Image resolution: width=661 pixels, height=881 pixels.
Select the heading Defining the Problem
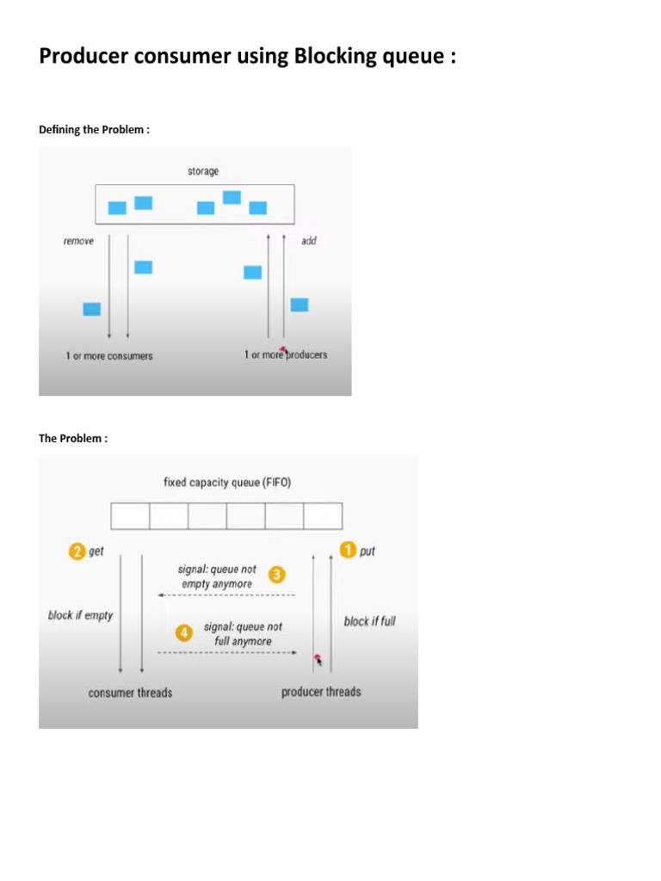tap(94, 130)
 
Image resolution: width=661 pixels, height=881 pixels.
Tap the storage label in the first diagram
tap(203, 171)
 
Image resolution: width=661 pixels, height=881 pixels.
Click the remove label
tap(78, 242)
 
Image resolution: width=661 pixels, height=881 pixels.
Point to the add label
tap(309, 242)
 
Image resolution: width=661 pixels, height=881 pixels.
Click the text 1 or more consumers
tap(109, 356)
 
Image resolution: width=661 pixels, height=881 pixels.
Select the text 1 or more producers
tap(286, 355)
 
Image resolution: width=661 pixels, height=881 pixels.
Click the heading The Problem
tap(73, 439)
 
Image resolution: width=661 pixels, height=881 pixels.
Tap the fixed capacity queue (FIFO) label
tap(227, 483)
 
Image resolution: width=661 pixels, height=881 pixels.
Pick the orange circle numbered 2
tap(77, 551)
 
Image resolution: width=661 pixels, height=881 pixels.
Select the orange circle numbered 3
tap(277, 574)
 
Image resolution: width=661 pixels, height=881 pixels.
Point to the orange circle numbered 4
tap(183, 633)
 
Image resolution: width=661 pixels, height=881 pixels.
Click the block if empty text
tap(80, 616)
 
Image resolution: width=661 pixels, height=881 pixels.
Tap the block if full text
tap(369, 621)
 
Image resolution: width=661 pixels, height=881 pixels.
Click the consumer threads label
tap(130, 693)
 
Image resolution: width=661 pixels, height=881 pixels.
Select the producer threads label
tap(321, 692)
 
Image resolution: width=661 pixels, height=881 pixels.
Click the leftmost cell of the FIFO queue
tap(131, 516)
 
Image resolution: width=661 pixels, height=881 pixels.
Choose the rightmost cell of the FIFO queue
tap(323, 516)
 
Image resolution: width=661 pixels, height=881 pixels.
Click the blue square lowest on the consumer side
tap(91, 309)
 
